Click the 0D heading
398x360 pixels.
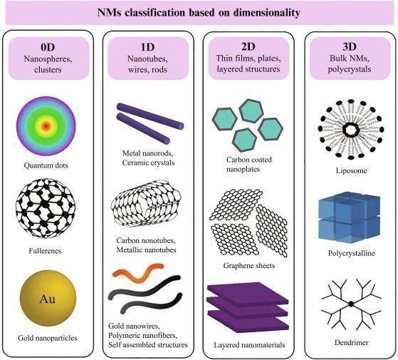click(48, 47)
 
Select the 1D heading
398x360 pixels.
click(147, 47)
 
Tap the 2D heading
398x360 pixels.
click(248, 46)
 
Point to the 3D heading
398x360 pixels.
click(350, 46)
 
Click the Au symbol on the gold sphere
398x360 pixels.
click(47, 299)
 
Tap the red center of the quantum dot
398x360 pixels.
click(46, 126)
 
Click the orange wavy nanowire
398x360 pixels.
click(138, 273)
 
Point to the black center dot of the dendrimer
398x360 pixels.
click(351, 304)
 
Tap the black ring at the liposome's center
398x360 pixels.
click(351, 130)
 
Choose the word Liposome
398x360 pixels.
click(351, 170)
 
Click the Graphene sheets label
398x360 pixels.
click(249, 265)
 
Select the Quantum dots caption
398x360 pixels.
click(46, 165)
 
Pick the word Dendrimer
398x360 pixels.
click(351, 342)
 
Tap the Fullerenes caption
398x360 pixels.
click(45, 251)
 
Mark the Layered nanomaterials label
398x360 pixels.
click(249, 345)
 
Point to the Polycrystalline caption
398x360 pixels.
click(351, 253)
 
